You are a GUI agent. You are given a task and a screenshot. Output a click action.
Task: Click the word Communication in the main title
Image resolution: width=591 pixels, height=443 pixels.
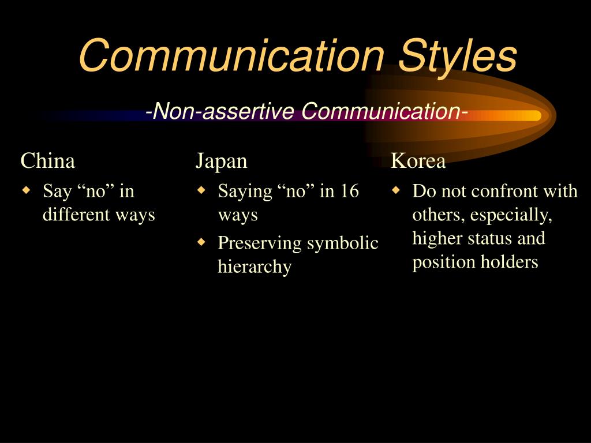[x=231, y=56]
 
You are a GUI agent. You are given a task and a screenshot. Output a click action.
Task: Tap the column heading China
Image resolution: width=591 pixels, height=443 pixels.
[x=48, y=161]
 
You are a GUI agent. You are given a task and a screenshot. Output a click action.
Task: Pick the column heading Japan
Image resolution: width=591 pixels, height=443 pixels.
[x=221, y=161]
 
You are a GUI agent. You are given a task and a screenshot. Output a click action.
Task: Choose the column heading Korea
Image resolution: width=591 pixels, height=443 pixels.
[x=418, y=161]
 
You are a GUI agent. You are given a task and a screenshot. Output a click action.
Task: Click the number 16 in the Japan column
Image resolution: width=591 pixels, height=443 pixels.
[x=349, y=191]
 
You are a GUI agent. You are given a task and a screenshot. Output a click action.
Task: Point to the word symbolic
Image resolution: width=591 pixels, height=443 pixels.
[x=342, y=243]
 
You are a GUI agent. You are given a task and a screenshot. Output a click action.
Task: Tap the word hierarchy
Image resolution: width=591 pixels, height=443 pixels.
[x=255, y=267]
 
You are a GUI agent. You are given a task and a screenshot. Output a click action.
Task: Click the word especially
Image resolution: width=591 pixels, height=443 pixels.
[x=511, y=215]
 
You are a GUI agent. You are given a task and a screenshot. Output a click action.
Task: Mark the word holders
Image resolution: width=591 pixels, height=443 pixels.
[x=513, y=262]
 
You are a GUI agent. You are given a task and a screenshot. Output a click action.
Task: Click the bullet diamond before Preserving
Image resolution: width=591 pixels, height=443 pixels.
[x=201, y=242]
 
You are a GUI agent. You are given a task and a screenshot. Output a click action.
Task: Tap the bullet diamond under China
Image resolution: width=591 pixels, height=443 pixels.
[x=26, y=189]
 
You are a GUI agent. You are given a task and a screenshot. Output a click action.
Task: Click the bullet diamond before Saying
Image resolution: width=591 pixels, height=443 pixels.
[x=201, y=189]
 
